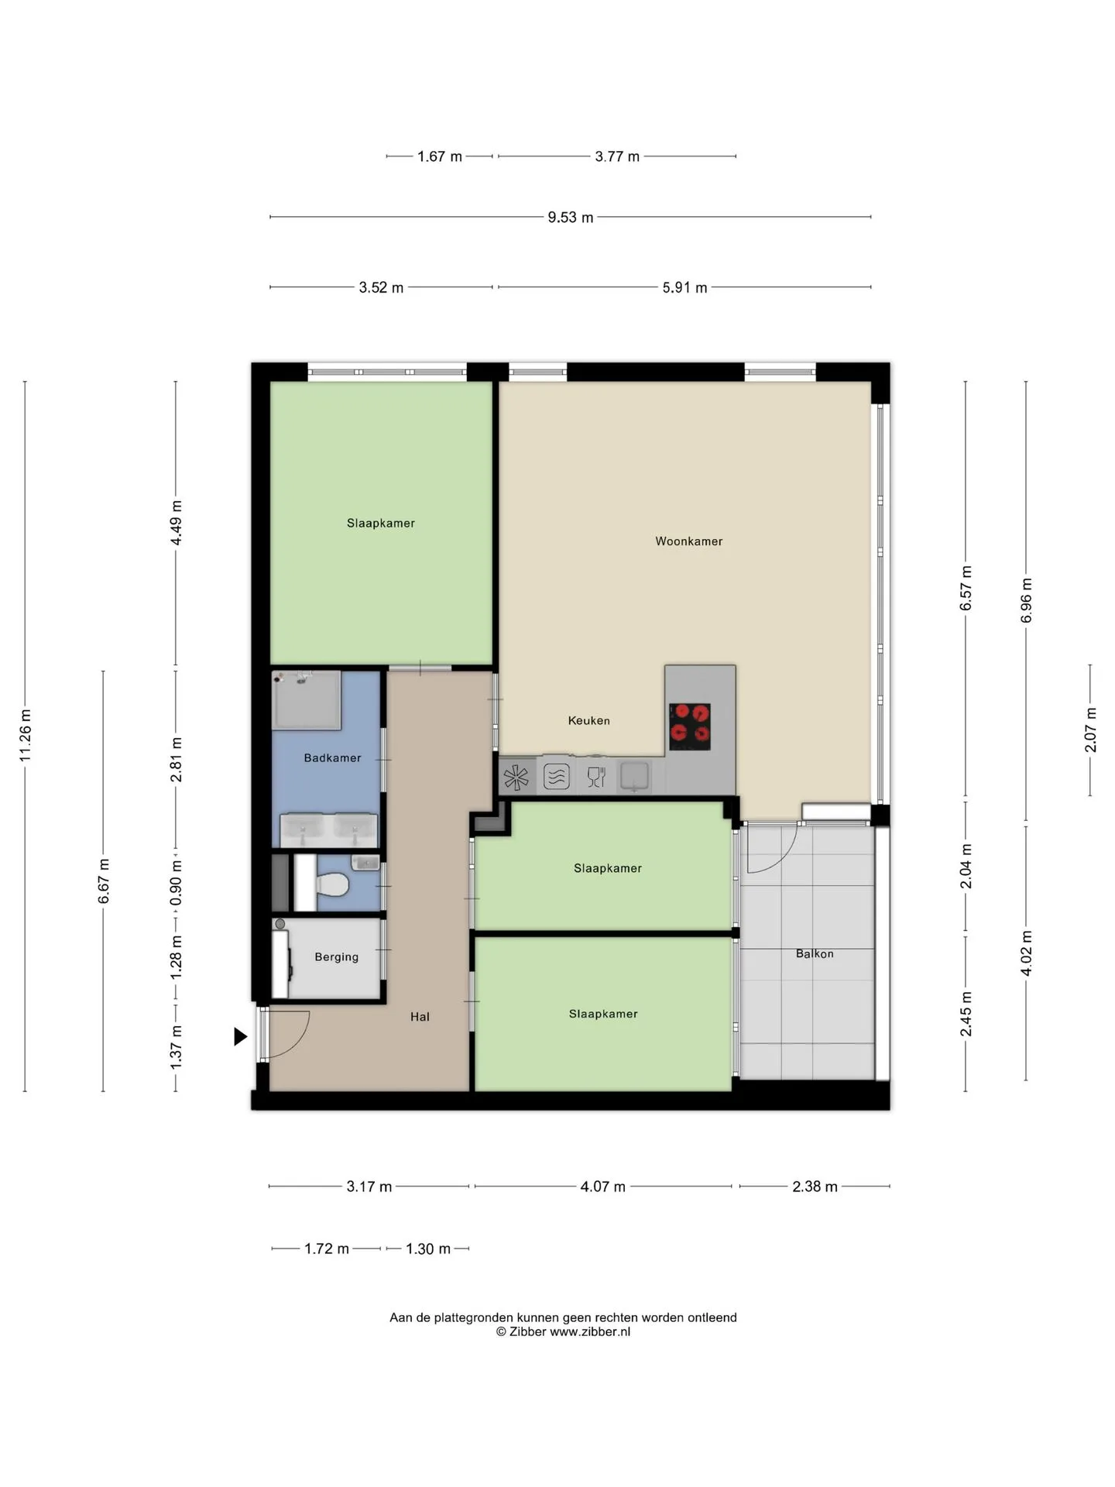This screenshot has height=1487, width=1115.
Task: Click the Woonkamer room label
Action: pos(688,541)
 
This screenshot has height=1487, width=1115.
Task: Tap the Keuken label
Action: pos(588,720)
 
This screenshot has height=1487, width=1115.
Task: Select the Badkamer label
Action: pos(332,758)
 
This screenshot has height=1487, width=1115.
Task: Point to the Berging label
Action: pos(336,957)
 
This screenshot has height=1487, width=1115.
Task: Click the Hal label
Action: pos(420,1017)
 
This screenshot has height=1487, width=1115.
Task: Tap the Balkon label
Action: pos(815,953)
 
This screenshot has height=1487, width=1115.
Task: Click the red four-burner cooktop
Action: pos(689,726)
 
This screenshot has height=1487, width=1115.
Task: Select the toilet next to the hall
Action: pos(331,883)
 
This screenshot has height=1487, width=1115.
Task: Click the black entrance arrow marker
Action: pos(241,1036)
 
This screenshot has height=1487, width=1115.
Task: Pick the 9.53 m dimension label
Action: pos(571,218)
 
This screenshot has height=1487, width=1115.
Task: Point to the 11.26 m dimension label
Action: pos(26,736)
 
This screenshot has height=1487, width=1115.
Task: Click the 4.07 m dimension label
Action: pos(603,1187)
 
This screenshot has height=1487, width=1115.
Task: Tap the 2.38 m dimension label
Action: pos(815,1187)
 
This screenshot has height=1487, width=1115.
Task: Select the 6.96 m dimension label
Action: pos(1027,600)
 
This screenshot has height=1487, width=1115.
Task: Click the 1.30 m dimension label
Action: pos(428,1248)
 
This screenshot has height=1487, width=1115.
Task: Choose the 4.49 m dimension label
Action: pos(177,523)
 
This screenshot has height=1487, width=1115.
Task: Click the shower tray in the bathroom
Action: pos(307,700)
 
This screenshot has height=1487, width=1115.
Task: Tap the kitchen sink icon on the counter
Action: pos(634,775)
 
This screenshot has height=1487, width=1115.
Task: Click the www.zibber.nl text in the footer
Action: pos(590,1332)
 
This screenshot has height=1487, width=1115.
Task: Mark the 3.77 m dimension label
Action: pos(617,156)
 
